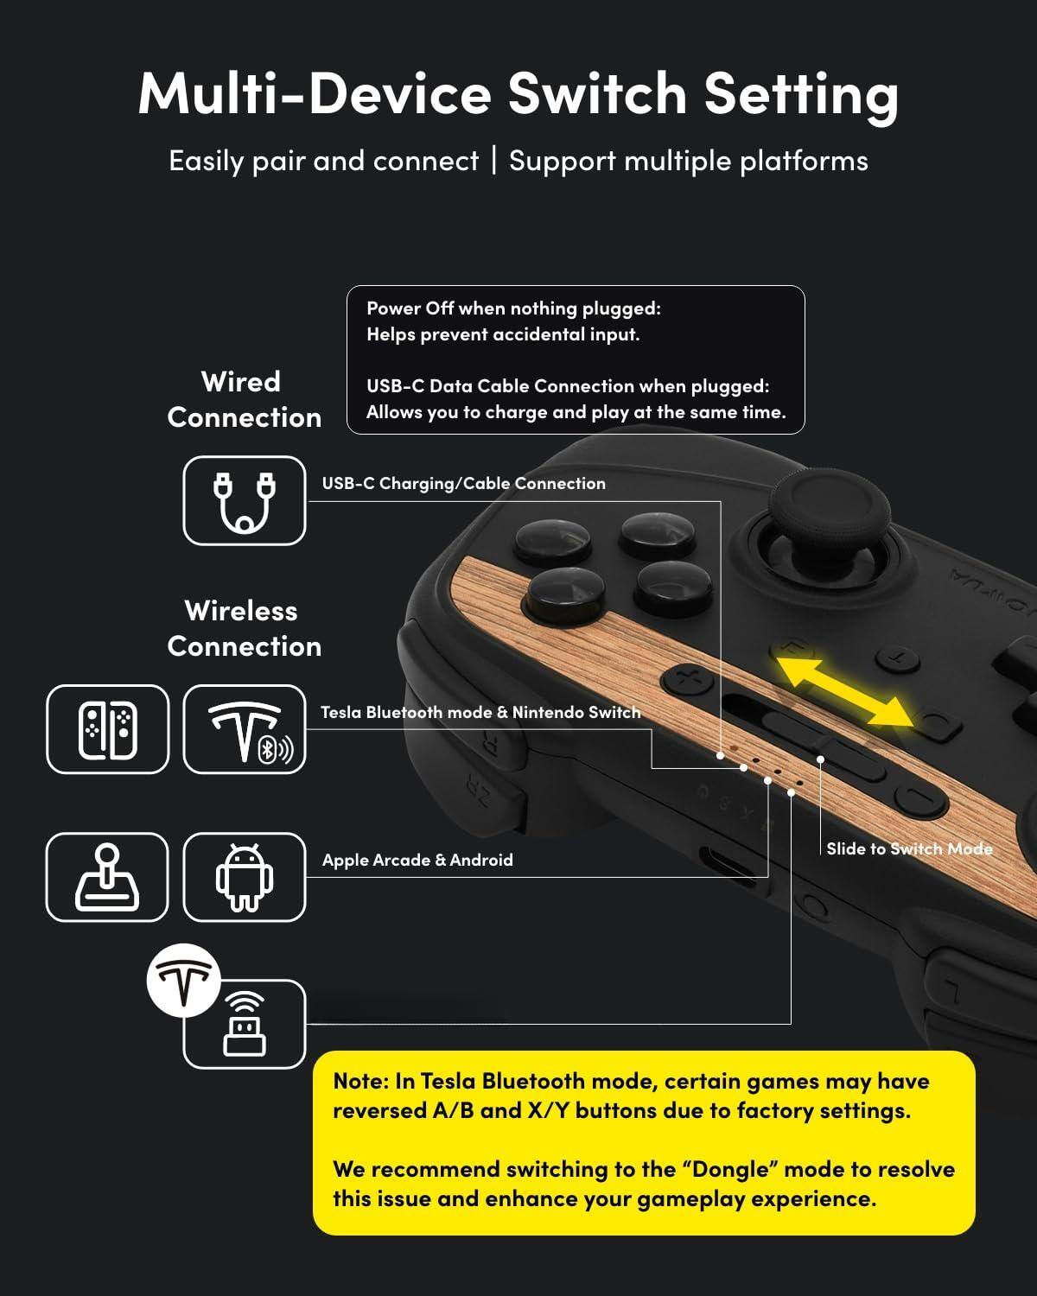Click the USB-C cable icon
coord(244,501)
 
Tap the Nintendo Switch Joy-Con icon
coord(107,729)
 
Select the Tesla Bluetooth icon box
coord(245,729)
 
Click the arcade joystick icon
coord(107,877)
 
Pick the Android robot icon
coord(245,877)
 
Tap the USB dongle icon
coord(245,1025)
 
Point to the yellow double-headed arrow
coord(843,691)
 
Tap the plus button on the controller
coord(688,678)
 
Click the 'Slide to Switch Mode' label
coord(909,848)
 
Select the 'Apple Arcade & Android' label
coord(417,860)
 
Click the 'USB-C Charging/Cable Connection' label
coord(463,484)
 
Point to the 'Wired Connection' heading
coord(244,399)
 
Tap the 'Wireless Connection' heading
coord(244,628)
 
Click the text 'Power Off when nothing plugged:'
coord(513,308)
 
